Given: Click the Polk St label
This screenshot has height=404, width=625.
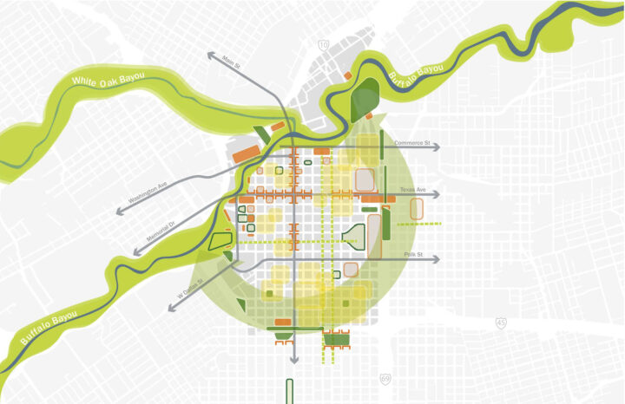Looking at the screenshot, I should (412, 254).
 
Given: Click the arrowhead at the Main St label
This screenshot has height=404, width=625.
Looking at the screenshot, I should (211, 55).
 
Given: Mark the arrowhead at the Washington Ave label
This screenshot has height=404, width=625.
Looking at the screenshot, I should (118, 211).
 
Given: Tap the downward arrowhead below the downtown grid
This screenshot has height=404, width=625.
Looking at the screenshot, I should (293, 359).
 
